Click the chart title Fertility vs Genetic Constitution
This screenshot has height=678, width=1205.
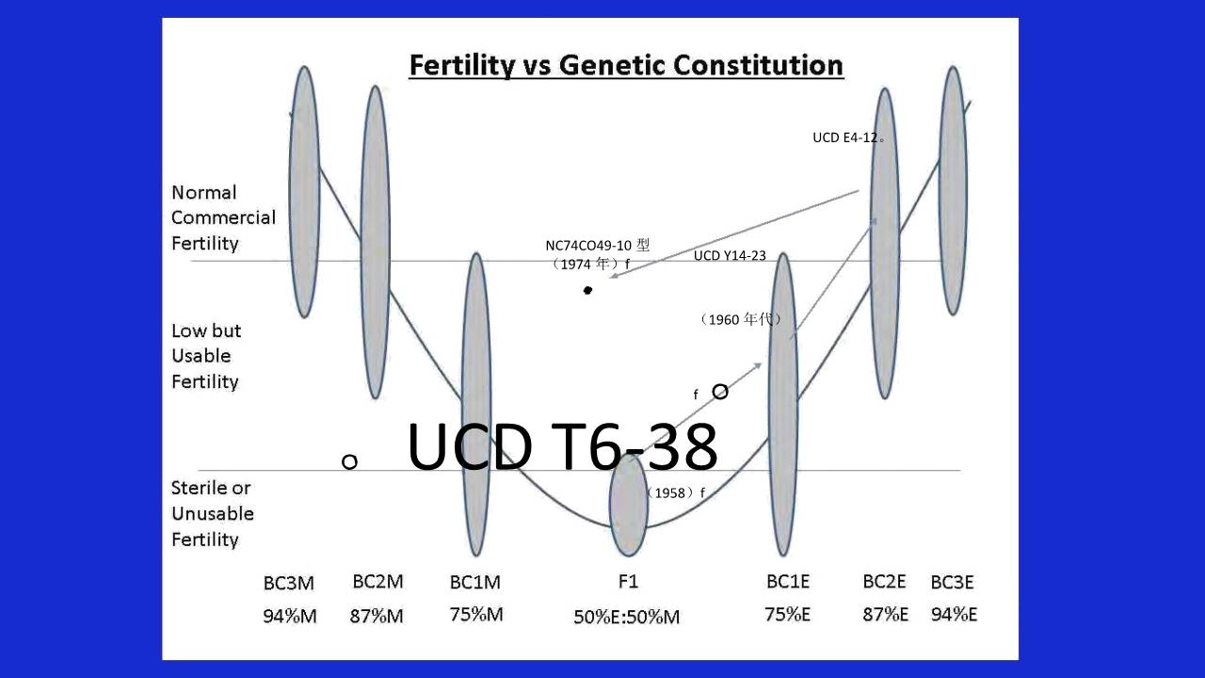(x=626, y=66)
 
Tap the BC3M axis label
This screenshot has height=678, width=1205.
(x=288, y=583)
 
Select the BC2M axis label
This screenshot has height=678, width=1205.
(x=378, y=582)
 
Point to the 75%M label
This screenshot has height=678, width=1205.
(x=476, y=615)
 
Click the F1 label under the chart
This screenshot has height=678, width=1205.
(x=628, y=582)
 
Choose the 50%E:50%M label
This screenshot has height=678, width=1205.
(x=627, y=617)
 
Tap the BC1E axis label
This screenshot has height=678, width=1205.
(x=788, y=582)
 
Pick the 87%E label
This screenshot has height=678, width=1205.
(x=886, y=615)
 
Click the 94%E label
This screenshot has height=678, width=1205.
(x=954, y=615)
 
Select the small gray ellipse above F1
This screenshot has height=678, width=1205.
(x=628, y=506)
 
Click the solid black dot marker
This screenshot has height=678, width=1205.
(x=587, y=291)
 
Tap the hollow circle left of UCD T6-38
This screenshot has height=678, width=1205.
(x=349, y=461)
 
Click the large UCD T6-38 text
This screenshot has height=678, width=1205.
(x=562, y=446)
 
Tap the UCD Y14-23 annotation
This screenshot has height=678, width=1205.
(x=730, y=255)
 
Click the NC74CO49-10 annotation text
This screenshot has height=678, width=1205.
(x=597, y=246)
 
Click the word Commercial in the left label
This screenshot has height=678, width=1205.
(x=223, y=218)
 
